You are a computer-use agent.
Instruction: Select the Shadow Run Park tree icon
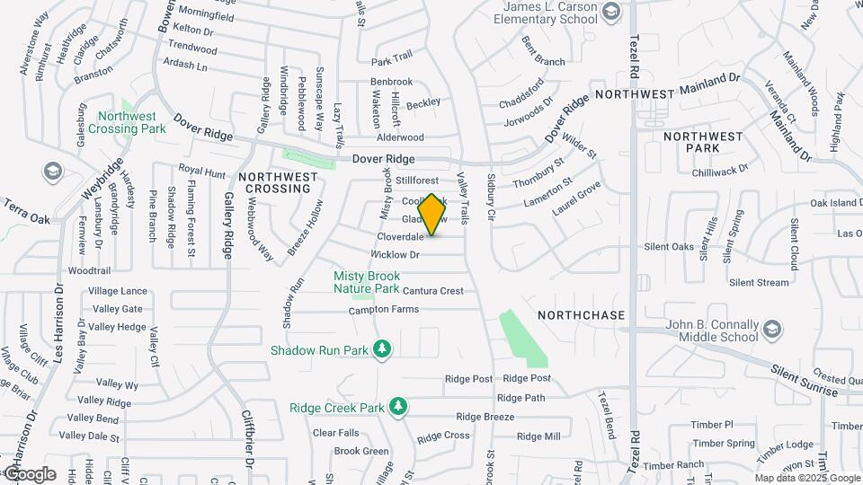[384, 348]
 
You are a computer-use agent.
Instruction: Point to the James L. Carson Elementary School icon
[612, 12]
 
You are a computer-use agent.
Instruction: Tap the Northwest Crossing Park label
[127, 122]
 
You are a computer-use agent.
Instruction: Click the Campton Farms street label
[384, 310]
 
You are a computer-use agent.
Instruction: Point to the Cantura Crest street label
[433, 291]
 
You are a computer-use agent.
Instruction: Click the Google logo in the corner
[29, 474]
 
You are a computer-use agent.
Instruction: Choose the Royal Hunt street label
[201, 170]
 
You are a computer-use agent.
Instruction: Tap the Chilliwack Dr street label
[720, 171]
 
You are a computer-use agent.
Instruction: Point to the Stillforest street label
[416, 181]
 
